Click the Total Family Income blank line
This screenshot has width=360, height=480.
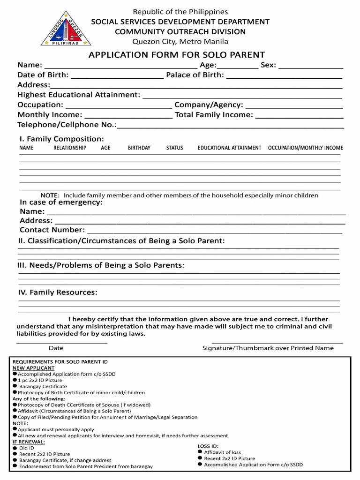[x=299, y=116]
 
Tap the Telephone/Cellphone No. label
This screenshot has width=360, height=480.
[x=67, y=125]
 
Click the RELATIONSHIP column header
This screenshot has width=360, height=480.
[x=70, y=148]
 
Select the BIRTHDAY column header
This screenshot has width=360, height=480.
[x=139, y=148]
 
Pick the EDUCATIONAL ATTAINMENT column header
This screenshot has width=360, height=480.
[x=229, y=148]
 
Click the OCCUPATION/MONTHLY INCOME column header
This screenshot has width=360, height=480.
[x=305, y=148]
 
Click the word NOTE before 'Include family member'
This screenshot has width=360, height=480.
[x=50, y=195]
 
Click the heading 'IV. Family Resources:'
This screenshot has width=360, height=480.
[x=58, y=292]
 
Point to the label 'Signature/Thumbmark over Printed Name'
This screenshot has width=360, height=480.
[x=268, y=348]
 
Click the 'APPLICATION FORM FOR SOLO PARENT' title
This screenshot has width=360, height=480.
[x=177, y=55]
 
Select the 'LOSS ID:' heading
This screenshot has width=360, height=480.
[x=208, y=446]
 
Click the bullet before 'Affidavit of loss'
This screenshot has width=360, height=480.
[x=200, y=451]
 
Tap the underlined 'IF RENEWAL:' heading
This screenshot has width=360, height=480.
[x=29, y=442]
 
